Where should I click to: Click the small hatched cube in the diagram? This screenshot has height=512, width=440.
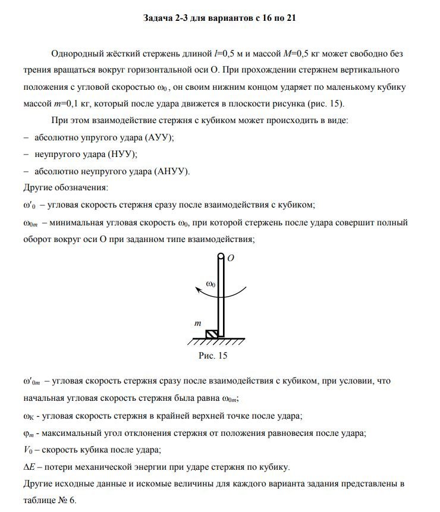[x=211, y=334]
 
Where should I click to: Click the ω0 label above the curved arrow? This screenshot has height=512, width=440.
[x=211, y=284]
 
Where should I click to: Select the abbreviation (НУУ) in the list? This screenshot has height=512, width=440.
[x=122, y=154]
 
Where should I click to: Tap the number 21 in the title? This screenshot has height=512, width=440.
[x=290, y=18]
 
